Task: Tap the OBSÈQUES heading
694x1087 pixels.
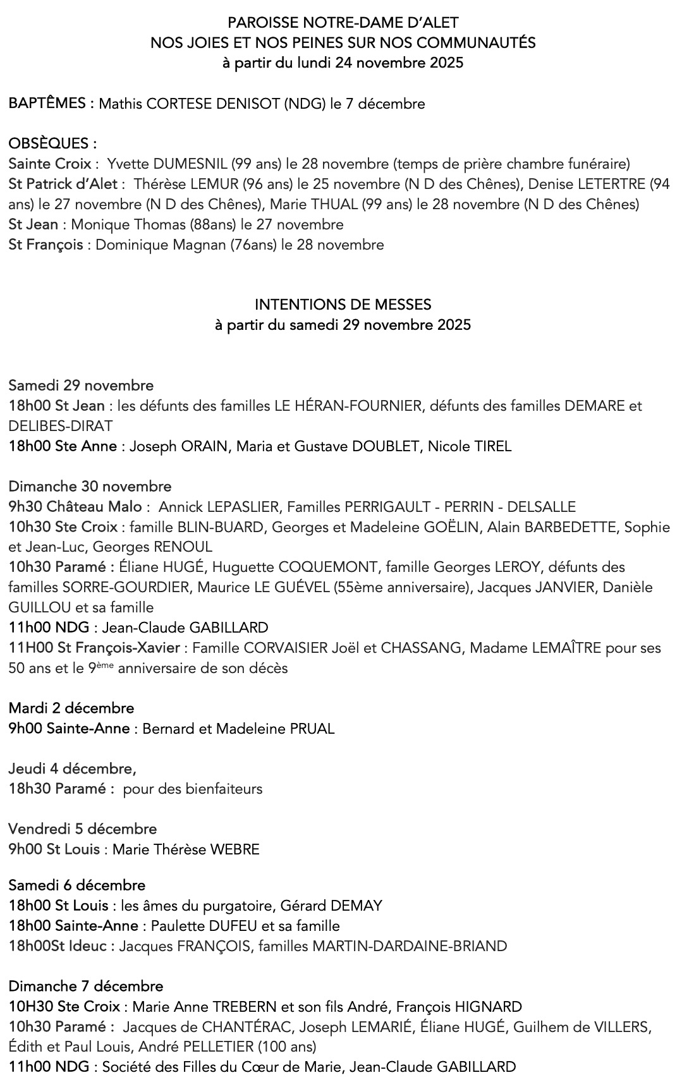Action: [52, 143]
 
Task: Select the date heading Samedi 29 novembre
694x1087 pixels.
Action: [81, 386]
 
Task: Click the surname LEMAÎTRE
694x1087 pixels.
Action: [561, 648]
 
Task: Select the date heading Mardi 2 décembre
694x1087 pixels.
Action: [71, 708]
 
